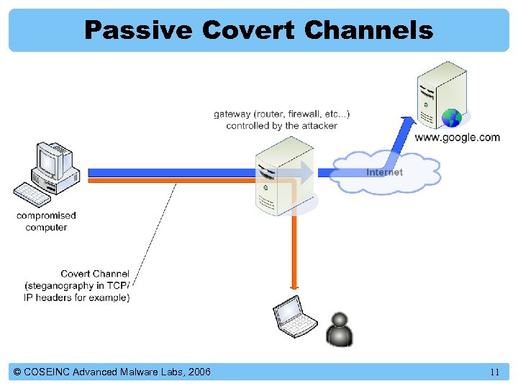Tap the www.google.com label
(458, 138)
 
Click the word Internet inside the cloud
(384, 172)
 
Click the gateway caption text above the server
(281, 120)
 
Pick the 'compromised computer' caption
(46, 221)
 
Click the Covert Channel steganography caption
(77, 285)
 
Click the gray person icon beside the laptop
(339, 330)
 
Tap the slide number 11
(494, 372)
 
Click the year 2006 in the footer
(198, 372)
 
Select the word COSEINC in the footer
(48, 372)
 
